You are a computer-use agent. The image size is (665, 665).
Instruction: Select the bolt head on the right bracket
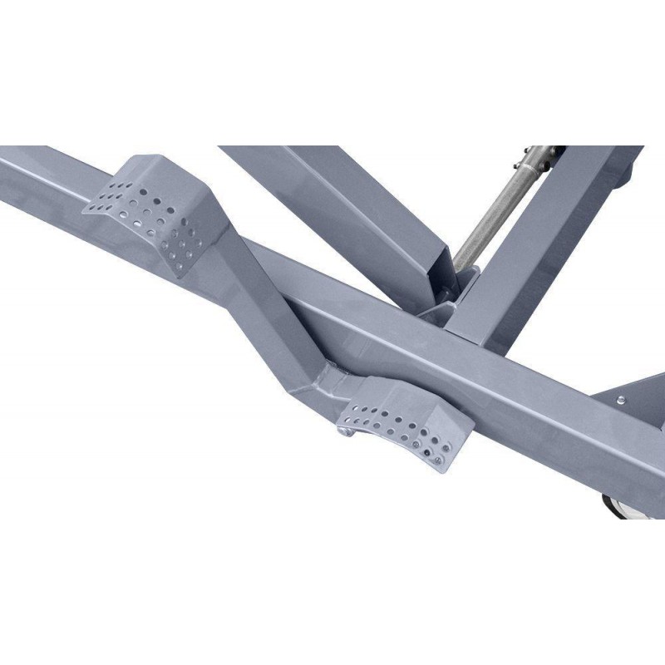point(621,401)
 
